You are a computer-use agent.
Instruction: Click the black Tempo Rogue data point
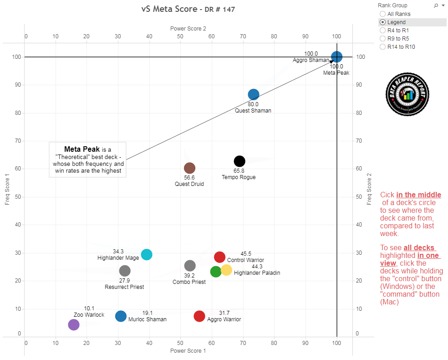click(x=239, y=161)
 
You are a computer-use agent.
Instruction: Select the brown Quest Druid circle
click(x=189, y=168)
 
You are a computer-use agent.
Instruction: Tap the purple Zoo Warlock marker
click(x=74, y=324)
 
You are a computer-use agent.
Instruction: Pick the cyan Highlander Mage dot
click(x=146, y=254)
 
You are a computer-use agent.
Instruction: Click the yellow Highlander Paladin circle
click(x=226, y=270)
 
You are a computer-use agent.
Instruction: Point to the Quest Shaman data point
click(x=254, y=94)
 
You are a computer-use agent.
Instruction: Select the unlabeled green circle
click(x=216, y=272)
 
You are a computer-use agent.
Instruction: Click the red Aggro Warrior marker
click(x=199, y=316)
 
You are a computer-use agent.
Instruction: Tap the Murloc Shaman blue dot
click(x=121, y=316)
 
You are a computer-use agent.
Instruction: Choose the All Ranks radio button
click(x=382, y=14)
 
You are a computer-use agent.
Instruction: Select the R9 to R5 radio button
click(x=382, y=39)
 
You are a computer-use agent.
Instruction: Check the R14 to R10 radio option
click(x=382, y=47)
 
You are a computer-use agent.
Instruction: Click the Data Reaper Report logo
click(x=407, y=94)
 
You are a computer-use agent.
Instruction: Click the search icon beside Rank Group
click(x=436, y=5)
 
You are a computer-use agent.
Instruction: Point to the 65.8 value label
click(x=239, y=171)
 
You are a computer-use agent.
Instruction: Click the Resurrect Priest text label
click(x=124, y=287)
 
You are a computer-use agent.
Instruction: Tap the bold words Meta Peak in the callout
click(x=82, y=149)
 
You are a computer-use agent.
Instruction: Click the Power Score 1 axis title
click(x=188, y=351)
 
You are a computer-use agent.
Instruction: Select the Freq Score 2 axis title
click(x=370, y=188)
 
